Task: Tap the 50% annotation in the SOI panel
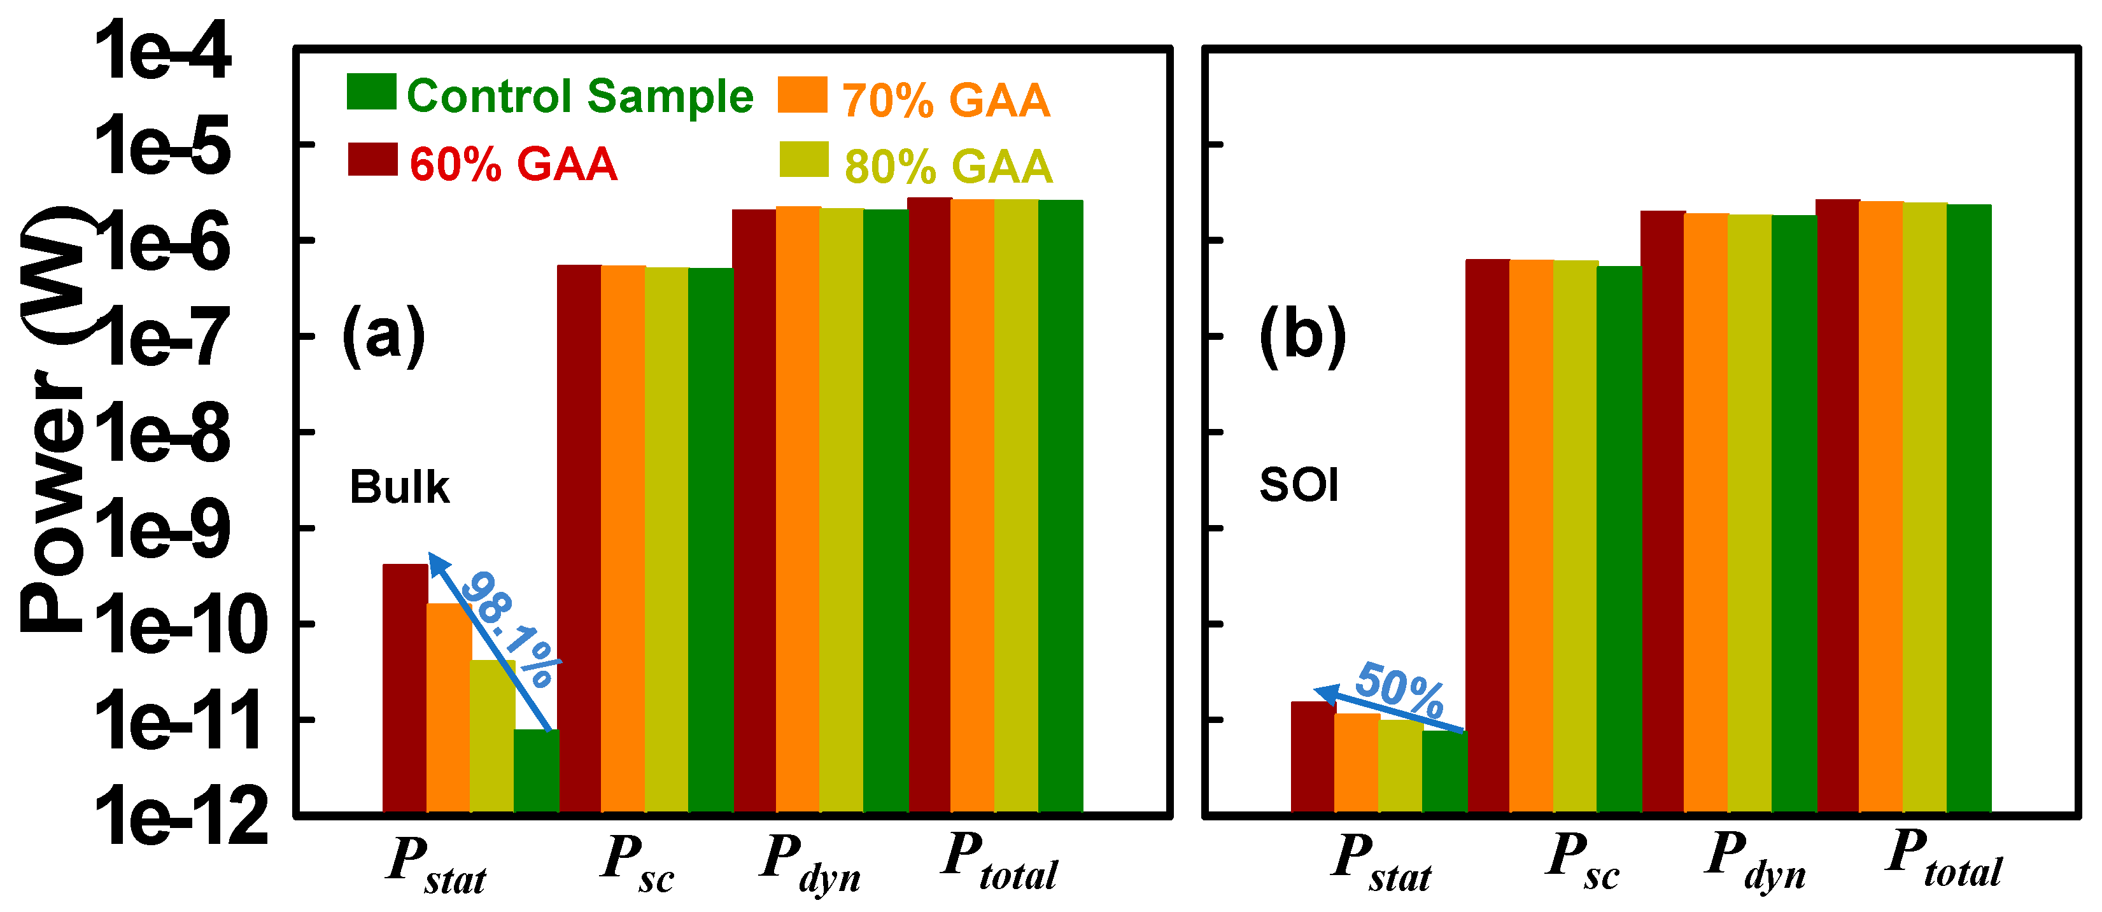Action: coord(1399,689)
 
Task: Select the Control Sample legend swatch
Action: coord(371,92)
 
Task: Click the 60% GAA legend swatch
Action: coord(372,159)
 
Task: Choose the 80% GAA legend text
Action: coord(948,166)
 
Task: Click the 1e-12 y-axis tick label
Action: coord(181,816)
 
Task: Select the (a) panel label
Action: coord(383,335)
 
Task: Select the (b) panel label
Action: coord(1302,335)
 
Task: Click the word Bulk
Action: coord(399,488)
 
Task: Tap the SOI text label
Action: coord(1299,486)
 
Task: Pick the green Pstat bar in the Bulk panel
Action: coord(536,770)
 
